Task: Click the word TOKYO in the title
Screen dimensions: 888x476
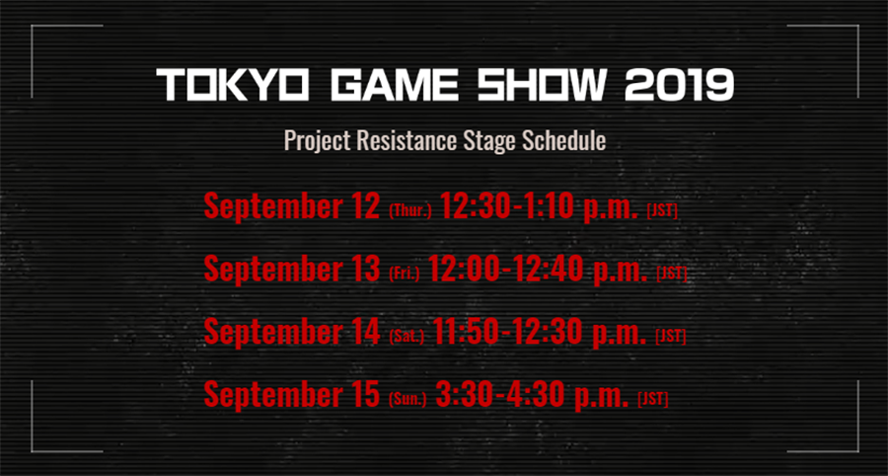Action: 233,86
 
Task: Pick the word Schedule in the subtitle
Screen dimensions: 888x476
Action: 563,140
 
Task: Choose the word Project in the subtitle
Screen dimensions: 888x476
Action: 313,141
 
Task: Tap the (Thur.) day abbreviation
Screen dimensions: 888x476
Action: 410,211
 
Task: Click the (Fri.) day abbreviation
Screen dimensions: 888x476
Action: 405,275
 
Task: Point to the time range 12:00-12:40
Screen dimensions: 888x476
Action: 507,270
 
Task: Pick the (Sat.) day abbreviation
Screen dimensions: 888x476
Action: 407,337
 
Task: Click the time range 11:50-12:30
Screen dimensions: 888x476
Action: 508,332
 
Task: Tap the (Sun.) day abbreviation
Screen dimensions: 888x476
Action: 407,400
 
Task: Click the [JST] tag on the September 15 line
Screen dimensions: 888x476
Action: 653,400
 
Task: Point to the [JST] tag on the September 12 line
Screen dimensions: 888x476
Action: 662,211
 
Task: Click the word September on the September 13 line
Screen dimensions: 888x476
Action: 272,271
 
